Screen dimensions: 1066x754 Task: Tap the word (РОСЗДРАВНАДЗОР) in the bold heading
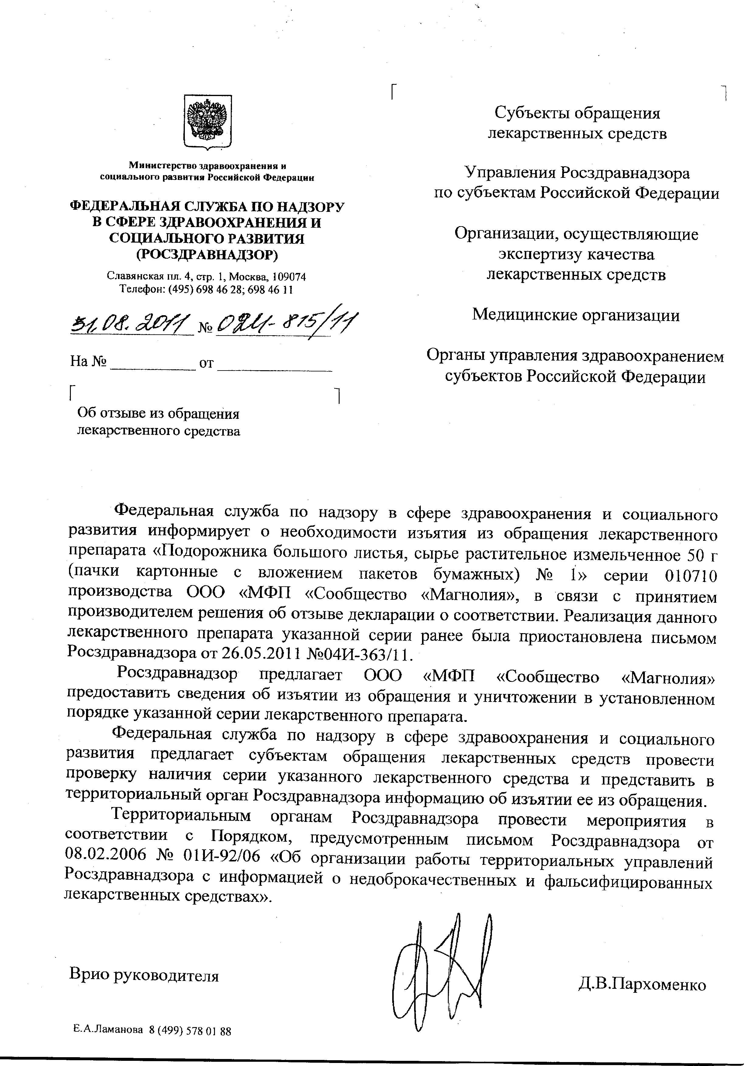pos(207,254)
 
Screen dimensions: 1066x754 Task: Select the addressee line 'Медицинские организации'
pos(576,315)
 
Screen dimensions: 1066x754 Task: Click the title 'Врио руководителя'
pos(144,975)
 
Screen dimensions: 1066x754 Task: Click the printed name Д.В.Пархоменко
pos(642,984)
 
